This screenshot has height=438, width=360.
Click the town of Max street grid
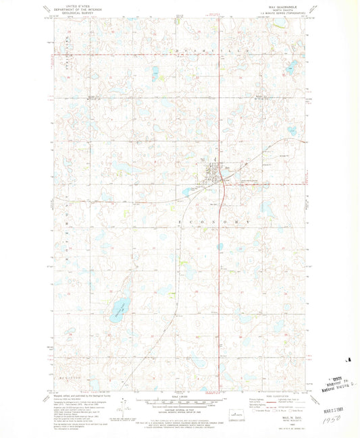[x=215, y=172]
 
